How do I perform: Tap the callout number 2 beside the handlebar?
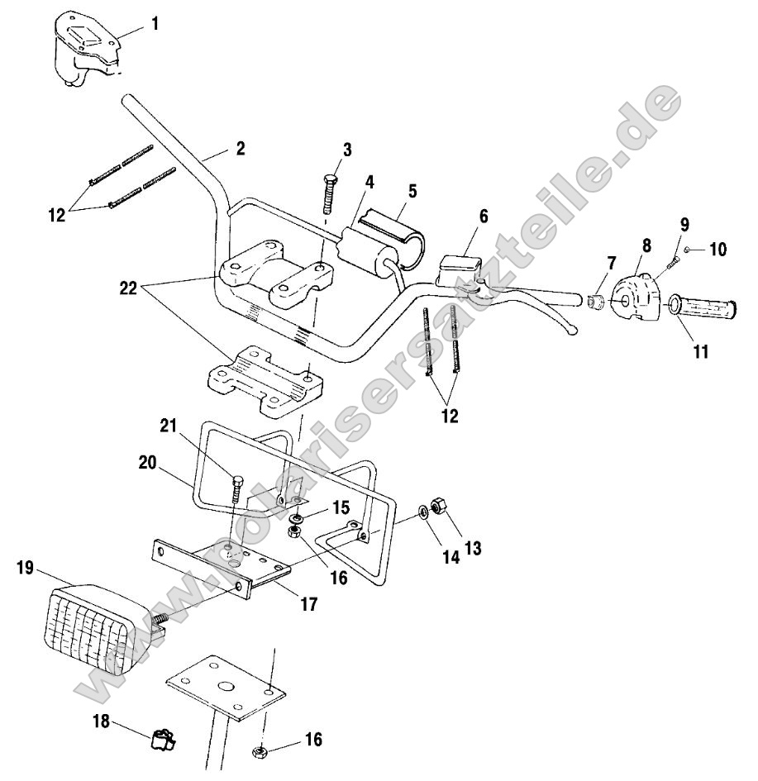click(240, 150)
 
